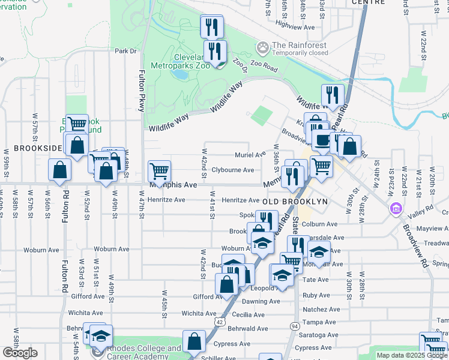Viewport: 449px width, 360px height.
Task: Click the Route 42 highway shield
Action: point(220,323)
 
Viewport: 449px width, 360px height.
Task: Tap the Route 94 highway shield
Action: point(294,326)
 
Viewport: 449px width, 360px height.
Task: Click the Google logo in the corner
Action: point(20,353)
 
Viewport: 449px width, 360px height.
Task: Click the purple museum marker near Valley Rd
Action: point(396,209)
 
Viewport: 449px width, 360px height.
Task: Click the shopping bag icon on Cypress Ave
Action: point(195,342)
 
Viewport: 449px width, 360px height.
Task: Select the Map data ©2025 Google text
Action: point(412,355)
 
